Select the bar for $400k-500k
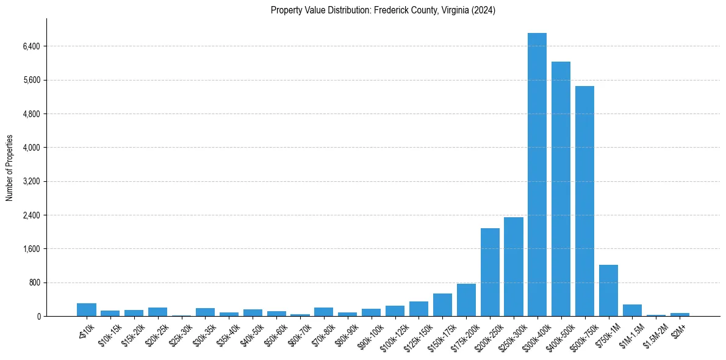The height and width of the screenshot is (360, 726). pyautogui.click(x=561, y=189)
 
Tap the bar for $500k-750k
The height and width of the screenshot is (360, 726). pyautogui.click(x=584, y=201)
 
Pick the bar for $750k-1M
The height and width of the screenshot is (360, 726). pyautogui.click(x=608, y=290)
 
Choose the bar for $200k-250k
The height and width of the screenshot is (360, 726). pyautogui.click(x=490, y=272)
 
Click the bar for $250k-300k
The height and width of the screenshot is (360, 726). pyautogui.click(x=514, y=267)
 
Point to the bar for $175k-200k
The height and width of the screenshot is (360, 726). pyautogui.click(x=466, y=300)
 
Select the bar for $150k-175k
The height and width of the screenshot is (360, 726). pyautogui.click(x=442, y=305)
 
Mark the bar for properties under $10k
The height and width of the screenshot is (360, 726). pyautogui.click(x=87, y=310)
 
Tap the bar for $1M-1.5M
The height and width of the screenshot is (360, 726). pyautogui.click(x=632, y=311)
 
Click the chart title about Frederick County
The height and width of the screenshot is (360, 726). pyautogui.click(x=383, y=10)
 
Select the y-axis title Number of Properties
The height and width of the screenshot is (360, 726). pyautogui.click(x=10, y=168)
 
